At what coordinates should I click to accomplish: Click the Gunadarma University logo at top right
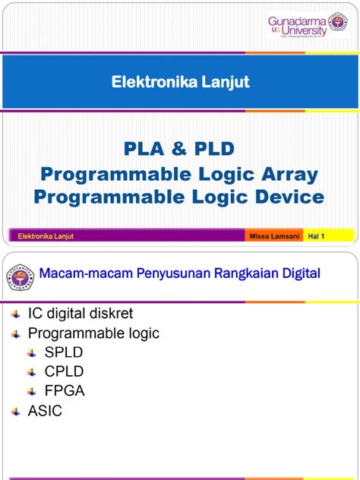pos(307,25)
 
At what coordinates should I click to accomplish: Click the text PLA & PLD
pos(179,147)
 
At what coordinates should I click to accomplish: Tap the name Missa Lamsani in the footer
pos(273,236)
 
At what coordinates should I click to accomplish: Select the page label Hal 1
pos(317,236)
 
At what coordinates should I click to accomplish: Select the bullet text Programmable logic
pos(93,333)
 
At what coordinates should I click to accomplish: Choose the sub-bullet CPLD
pos(64,371)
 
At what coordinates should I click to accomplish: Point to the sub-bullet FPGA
pos(65,391)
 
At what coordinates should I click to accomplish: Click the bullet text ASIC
pos(46,411)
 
